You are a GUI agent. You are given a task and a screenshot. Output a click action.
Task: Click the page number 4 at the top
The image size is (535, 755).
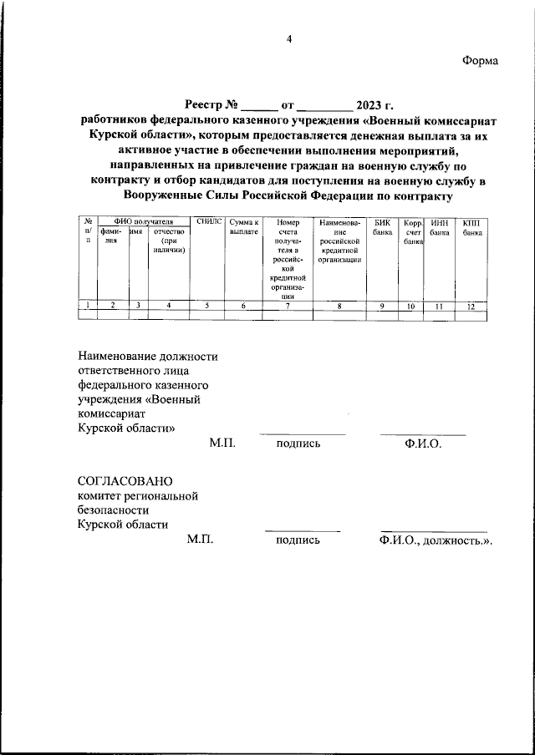290,39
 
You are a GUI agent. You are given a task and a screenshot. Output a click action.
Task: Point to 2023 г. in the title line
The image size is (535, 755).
374,105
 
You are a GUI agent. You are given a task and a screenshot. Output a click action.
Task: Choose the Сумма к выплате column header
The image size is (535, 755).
243,227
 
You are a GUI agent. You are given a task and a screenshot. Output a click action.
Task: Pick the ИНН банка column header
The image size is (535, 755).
439,227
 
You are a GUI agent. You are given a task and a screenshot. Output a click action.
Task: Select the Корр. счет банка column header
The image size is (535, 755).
411,232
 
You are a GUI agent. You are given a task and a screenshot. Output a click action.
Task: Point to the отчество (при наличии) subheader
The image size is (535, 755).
169,241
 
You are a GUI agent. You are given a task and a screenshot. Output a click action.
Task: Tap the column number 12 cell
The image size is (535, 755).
471,306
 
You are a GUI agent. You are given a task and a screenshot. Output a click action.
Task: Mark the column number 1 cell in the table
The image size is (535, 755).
87,306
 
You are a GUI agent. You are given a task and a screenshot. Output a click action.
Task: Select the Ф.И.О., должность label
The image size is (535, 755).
435,540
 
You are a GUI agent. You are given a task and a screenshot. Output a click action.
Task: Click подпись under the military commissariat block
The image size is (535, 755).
298,443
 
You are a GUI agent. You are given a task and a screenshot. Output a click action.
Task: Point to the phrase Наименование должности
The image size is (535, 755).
141,357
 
